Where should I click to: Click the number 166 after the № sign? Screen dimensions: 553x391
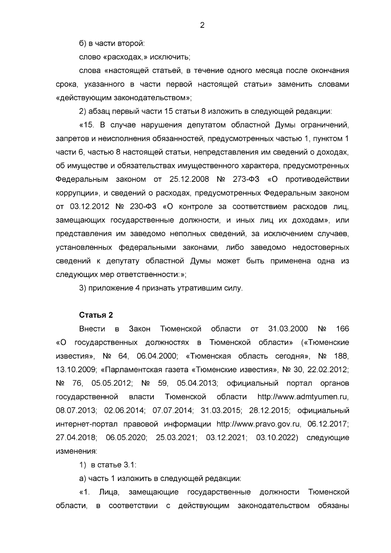pyautogui.click(x=342, y=329)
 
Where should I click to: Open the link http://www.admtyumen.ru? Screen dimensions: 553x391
pyautogui.click(x=303, y=397)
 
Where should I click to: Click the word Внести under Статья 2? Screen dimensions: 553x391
pyautogui.click(x=92, y=329)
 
